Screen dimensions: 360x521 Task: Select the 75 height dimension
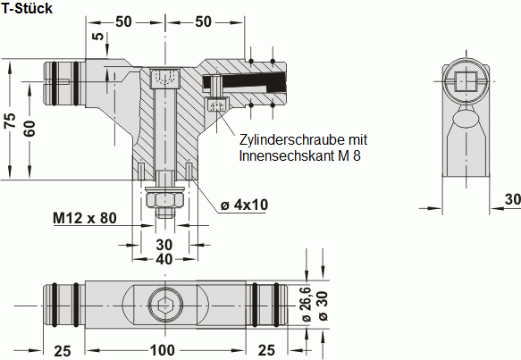click(x=10, y=121)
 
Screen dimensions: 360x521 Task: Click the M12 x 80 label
click(x=85, y=217)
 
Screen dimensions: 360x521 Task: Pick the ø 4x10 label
click(x=244, y=205)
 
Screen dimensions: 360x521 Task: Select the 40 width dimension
click(x=164, y=260)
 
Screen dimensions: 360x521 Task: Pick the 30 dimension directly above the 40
click(x=164, y=244)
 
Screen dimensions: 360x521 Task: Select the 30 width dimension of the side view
click(x=511, y=198)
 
